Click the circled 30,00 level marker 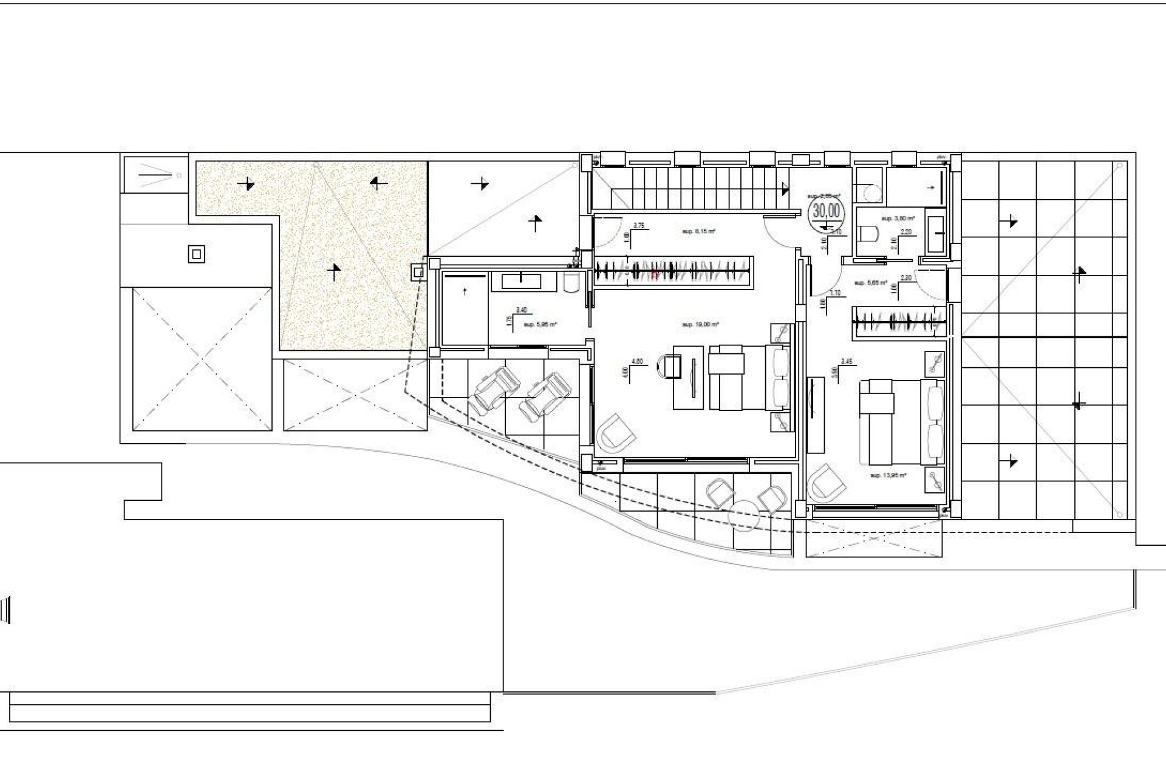(826, 211)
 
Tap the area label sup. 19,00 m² (700, 325)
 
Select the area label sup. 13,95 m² (888, 475)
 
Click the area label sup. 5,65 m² (871, 283)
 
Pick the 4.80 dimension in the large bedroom (637, 361)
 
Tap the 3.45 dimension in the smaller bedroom (847, 361)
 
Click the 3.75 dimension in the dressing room (638, 225)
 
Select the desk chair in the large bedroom (669, 367)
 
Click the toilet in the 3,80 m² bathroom (870, 234)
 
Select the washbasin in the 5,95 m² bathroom (522, 281)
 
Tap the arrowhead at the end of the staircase (786, 189)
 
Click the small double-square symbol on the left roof (196, 254)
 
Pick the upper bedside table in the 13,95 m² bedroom (934, 363)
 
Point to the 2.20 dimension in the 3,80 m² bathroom (905, 232)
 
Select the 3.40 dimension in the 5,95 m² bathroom (520, 310)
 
